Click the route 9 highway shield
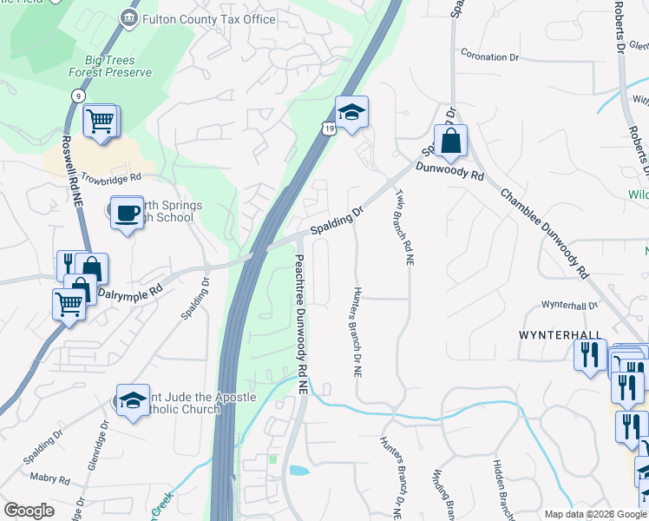79,96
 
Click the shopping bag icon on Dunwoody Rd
451,141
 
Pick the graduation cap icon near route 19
351,112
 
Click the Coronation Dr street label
489,57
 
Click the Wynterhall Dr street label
570,306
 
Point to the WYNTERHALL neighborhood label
560,334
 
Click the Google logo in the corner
29,511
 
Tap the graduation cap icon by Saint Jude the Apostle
132,400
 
